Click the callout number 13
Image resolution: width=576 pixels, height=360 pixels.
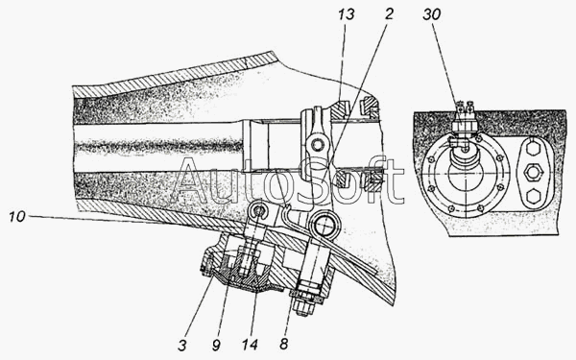347,14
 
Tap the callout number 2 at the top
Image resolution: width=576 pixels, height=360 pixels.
389,13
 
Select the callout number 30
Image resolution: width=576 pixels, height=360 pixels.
431,14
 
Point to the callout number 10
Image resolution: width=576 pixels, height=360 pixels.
17,216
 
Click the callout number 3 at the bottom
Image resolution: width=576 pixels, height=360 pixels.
182,345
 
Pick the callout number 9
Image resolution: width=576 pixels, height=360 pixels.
216,345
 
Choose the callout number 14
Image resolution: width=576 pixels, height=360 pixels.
250,345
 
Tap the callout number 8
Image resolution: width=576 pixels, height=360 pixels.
283,345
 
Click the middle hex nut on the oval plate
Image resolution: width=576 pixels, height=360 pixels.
532,171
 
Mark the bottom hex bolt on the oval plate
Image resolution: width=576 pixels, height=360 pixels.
531,197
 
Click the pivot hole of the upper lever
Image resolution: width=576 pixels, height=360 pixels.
316,145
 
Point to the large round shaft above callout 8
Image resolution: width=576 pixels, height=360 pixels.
324,226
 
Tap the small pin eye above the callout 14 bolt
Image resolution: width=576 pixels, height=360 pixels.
259,211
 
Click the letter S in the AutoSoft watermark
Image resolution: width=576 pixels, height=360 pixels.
313,181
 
